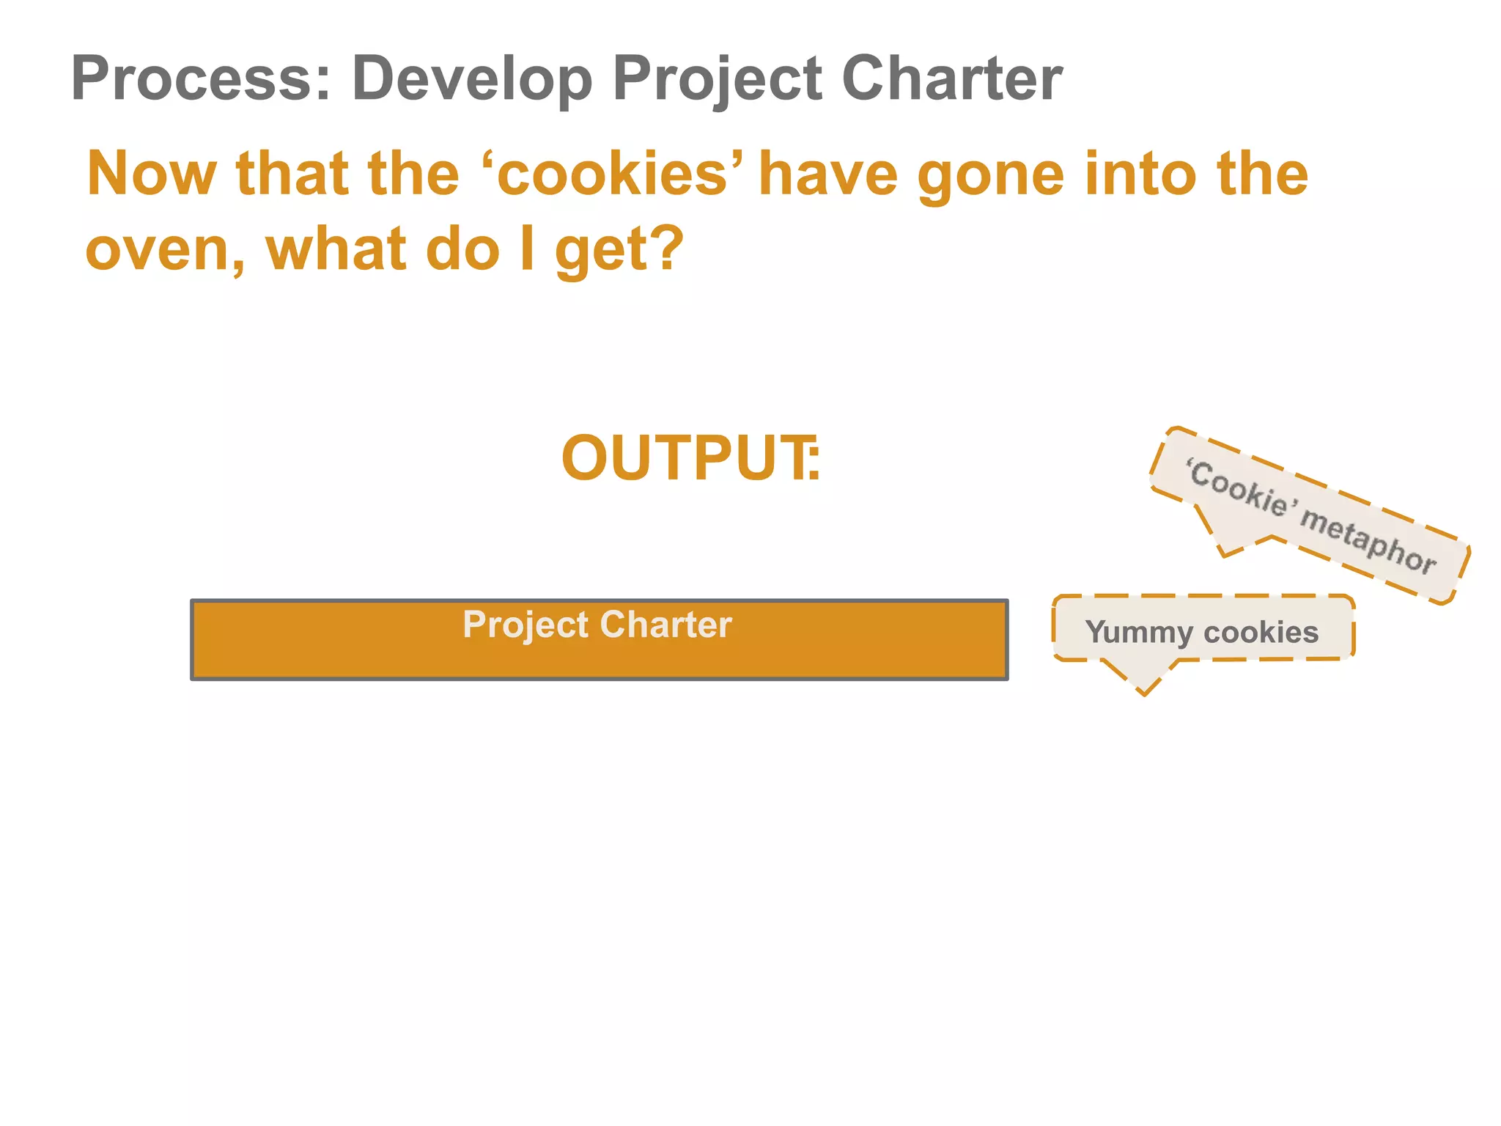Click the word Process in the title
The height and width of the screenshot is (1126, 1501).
pyautogui.click(x=193, y=79)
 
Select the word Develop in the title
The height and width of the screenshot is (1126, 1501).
pyautogui.click(x=472, y=79)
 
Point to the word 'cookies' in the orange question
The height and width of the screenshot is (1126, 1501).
pyautogui.click(x=613, y=174)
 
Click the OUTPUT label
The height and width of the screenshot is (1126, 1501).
pyautogui.click(x=689, y=459)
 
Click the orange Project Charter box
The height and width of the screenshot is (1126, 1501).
pyautogui.click(x=599, y=652)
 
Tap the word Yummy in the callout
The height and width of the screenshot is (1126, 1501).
pyautogui.click(x=1138, y=633)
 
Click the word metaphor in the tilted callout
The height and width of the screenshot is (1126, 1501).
pyautogui.click(x=1368, y=540)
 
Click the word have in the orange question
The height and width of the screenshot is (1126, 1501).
pyautogui.click(x=828, y=174)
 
